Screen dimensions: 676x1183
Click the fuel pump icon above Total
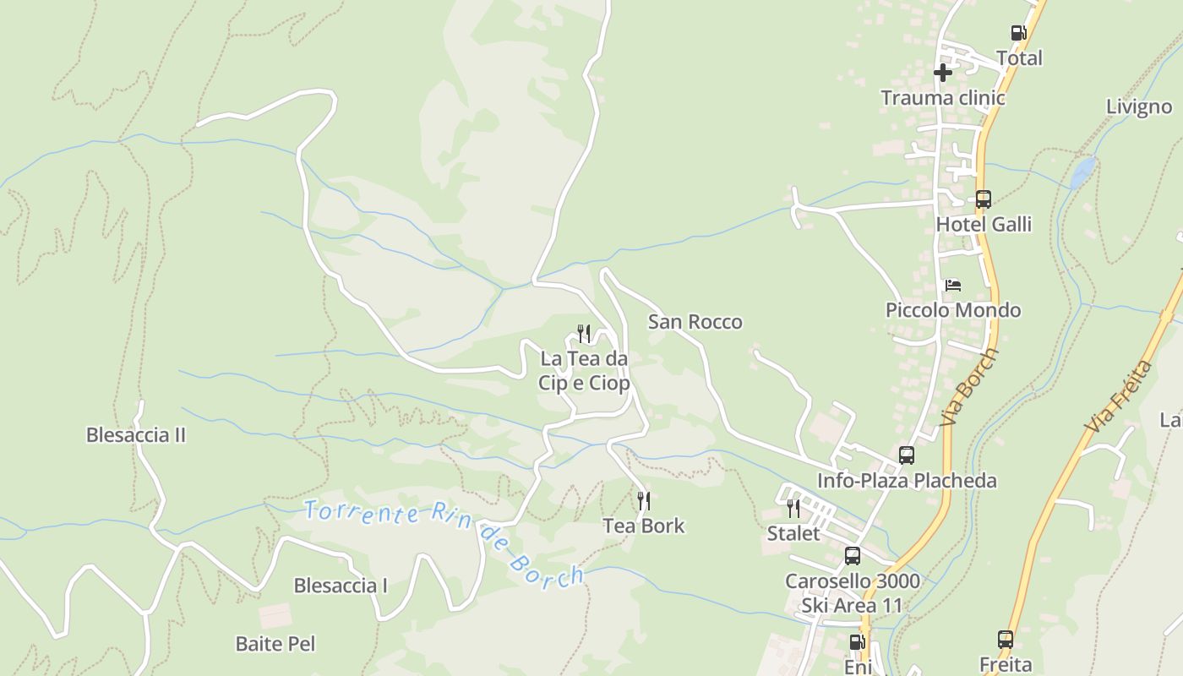[1018, 33]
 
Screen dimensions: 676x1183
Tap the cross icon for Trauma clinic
[943, 73]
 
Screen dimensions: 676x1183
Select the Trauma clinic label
[943, 98]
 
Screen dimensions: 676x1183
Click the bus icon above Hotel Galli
[983, 199]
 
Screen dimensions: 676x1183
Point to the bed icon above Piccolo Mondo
[953, 285]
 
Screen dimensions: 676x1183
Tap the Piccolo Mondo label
[953, 310]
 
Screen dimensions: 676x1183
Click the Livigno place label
[1139, 107]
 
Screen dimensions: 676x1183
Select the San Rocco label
[695, 322]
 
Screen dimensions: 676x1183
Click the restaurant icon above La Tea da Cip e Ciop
[584, 334]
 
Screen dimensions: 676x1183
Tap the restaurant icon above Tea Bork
[644, 501]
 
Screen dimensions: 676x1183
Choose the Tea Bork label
[644, 526]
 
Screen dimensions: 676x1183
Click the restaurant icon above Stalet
[793, 508]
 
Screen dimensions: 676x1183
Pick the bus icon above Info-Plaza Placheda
[907, 455]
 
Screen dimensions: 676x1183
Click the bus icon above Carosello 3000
[853, 556]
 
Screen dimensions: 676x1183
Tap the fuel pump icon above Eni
[857, 642]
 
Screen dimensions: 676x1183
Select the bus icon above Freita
[1006, 640]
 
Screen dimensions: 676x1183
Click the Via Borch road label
[968, 388]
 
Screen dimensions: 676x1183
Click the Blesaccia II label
[136, 435]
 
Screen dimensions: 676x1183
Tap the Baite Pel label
[275, 644]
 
